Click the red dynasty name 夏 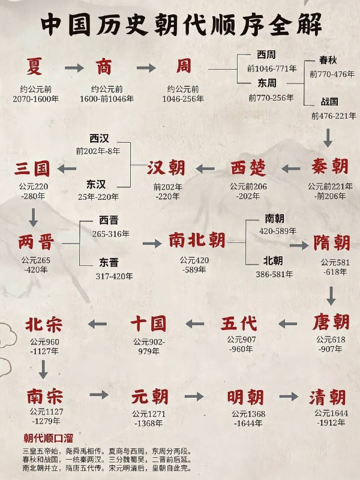[x=34, y=67]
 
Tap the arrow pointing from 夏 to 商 [x=74, y=68]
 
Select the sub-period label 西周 [x=266, y=55]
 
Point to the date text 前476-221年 [x=334, y=116]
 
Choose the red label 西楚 [x=248, y=168]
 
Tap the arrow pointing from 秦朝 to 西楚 [x=291, y=169]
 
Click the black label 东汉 [x=96, y=184]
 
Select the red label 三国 [x=32, y=169]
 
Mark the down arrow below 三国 [x=33, y=217]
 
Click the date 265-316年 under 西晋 [x=111, y=234]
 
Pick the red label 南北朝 [x=197, y=240]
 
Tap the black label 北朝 [x=273, y=261]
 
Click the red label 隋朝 [x=332, y=243]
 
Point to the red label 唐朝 [x=331, y=322]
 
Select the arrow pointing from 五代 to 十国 [x=194, y=323]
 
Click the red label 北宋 [x=44, y=325]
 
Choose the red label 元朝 [x=150, y=397]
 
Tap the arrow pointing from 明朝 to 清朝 [x=289, y=397]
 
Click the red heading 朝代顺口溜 [x=49, y=438]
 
